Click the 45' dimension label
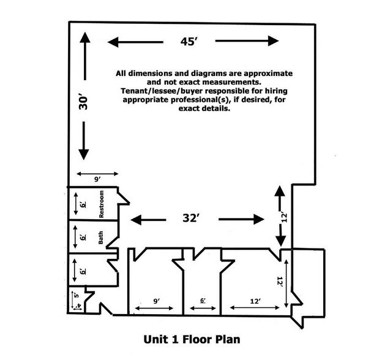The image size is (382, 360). tap(189, 42)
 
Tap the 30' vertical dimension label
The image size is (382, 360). tap(83, 103)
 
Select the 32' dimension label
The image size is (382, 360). tap(191, 218)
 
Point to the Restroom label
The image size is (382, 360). tap(102, 204)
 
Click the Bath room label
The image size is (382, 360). tap(100, 238)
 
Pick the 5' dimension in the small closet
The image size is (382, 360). tap(77, 295)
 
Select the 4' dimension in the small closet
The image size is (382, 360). tap(79, 306)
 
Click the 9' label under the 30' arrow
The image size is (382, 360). tap(97, 179)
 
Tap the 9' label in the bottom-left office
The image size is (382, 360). tap(157, 301)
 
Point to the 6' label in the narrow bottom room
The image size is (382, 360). tap(203, 301)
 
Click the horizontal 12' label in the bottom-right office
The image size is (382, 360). tap(255, 301)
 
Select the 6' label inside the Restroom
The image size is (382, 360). tap(83, 204)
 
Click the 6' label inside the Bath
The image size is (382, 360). tap(83, 237)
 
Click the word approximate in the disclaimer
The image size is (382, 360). tap(268, 73)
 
